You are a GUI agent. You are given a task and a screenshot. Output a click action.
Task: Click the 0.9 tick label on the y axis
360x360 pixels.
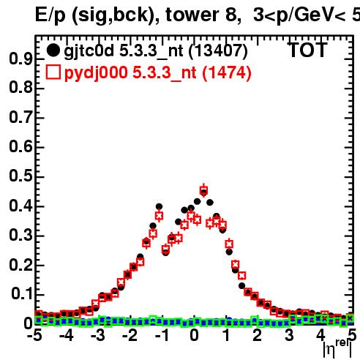click(x=20, y=59)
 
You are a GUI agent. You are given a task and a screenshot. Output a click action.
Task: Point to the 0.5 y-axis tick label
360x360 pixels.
click(x=20, y=176)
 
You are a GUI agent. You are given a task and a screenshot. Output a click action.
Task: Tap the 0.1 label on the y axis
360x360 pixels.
click(x=23, y=293)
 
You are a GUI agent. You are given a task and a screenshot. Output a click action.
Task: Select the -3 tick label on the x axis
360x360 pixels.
click(x=98, y=335)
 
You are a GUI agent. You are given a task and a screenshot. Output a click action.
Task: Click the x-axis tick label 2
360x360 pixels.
click(x=257, y=335)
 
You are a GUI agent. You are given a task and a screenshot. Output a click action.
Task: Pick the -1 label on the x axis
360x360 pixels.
click(x=162, y=335)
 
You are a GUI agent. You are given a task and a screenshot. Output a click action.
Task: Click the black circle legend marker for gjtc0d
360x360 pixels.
click(x=53, y=50)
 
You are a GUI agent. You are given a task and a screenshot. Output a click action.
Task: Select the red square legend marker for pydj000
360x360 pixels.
click(x=53, y=72)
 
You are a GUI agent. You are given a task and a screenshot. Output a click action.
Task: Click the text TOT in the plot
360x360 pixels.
click(x=308, y=50)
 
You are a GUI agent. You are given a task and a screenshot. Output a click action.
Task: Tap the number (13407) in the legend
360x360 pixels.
click(x=218, y=50)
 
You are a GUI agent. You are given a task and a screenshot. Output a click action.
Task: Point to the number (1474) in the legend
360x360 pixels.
click(x=227, y=73)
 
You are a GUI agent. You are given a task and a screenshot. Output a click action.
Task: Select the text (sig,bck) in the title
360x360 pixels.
click(x=116, y=15)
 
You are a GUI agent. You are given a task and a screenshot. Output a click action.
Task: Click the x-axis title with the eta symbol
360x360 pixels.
click(x=337, y=349)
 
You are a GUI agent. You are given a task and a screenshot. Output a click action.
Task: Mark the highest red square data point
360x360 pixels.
click(x=203, y=190)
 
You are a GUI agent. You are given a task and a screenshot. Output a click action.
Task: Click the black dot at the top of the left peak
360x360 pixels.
click(x=159, y=207)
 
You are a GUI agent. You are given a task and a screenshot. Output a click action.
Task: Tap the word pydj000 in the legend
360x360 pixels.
click(x=96, y=73)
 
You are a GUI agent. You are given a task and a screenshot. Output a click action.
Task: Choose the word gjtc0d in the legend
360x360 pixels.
click(x=89, y=51)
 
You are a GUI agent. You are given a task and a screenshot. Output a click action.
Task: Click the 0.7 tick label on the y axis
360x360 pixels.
click(x=20, y=117)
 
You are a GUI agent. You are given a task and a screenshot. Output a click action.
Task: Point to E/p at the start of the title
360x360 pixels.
click(x=50, y=15)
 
